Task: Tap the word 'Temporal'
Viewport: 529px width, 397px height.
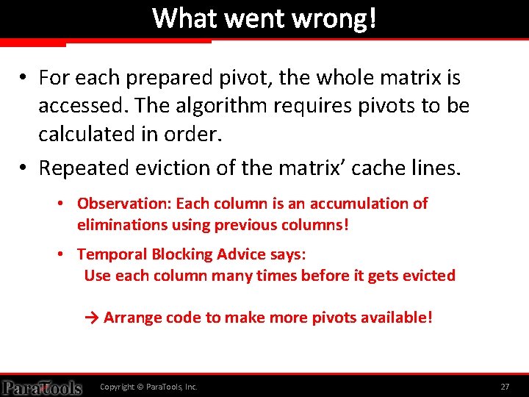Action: [x=107, y=254]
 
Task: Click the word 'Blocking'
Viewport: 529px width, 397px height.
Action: [x=177, y=254]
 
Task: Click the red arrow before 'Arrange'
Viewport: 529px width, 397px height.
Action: [x=93, y=318]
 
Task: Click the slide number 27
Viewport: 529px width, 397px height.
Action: [x=505, y=387]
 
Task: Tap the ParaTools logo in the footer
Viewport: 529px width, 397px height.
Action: [x=41, y=387]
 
